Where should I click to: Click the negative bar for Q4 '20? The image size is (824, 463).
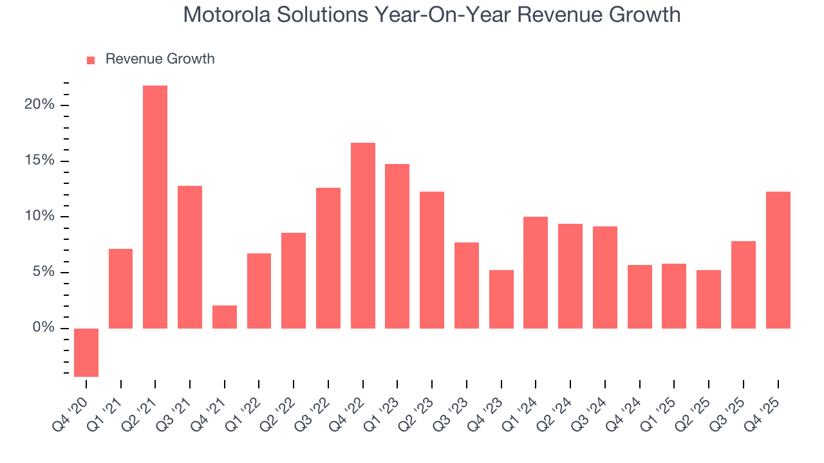(x=86, y=352)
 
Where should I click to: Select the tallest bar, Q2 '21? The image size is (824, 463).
(x=155, y=207)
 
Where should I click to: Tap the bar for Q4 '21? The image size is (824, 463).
(x=225, y=317)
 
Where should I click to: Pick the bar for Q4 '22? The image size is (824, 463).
(x=363, y=235)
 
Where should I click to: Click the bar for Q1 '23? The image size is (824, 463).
(x=397, y=246)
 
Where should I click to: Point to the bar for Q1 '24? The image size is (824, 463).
(x=536, y=273)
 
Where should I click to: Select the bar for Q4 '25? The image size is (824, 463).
(x=778, y=260)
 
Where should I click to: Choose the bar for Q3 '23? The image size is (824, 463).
(x=467, y=286)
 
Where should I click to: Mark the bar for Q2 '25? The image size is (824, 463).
(x=709, y=299)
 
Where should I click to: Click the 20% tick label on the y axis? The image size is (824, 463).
(x=39, y=105)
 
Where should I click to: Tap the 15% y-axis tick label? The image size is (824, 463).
(x=39, y=161)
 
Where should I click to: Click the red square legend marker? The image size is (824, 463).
(x=91, y=60)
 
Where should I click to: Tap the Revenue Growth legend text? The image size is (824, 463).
(x=160, y=59)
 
